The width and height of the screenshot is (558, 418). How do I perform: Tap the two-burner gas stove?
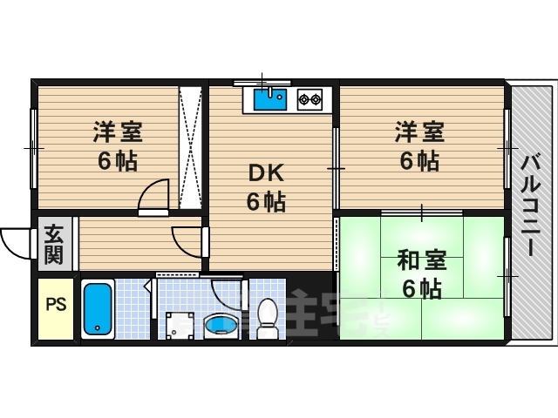click(310, 99)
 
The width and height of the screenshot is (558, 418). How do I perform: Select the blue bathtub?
click(97, 309)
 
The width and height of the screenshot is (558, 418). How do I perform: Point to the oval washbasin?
click(220, 326)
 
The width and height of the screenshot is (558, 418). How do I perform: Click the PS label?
click(56, 305)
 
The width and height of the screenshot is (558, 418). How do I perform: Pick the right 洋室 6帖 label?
click(419, 146)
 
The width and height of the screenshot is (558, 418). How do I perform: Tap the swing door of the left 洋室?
click(154, 195)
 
